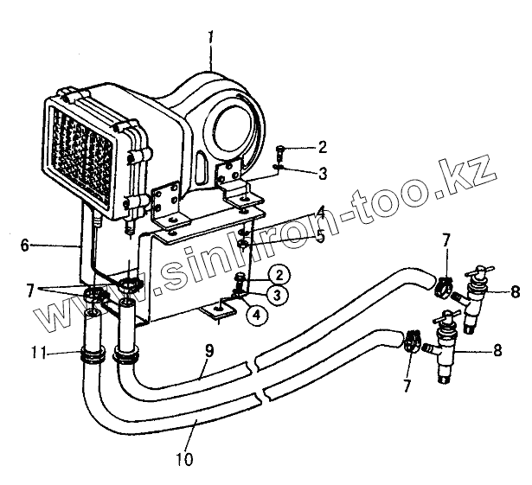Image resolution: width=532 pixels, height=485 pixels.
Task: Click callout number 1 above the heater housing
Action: (210, 38)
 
